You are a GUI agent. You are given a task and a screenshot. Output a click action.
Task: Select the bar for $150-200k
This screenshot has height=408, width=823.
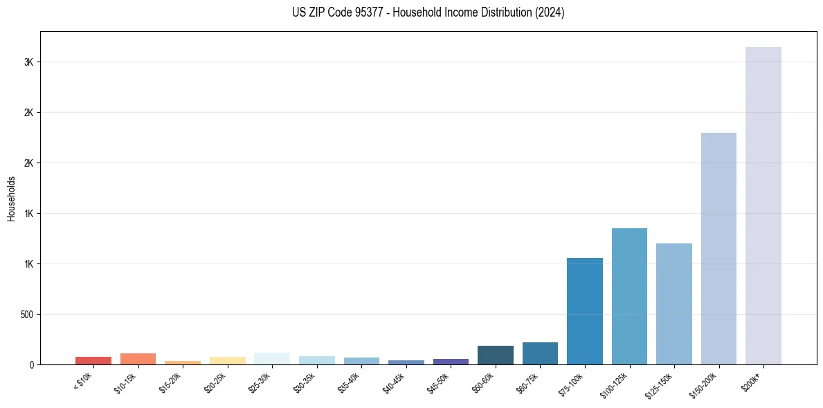point(718,248)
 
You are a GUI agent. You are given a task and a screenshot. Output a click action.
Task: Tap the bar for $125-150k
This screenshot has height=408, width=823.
point(673,304)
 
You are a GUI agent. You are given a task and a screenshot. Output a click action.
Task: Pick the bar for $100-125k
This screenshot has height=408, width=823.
point(629,296)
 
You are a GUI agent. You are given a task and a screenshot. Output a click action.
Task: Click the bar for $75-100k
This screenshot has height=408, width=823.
point(584,311)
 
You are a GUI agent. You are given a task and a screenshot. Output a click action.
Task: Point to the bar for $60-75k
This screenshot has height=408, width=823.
point(540,353)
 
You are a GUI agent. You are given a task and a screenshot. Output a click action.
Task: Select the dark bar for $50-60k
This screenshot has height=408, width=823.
point(495,355)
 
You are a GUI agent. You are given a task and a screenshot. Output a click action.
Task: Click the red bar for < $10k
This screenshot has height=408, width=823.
point(93,360)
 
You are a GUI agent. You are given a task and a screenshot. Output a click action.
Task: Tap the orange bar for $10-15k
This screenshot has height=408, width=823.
point(138,359)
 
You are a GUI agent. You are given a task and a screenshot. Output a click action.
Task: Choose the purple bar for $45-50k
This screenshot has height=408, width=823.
point(451,362)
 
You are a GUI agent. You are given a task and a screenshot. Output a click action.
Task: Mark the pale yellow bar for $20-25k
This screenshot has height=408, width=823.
point(227,360)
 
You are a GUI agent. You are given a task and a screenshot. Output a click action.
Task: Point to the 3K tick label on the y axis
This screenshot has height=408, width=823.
point(28,62)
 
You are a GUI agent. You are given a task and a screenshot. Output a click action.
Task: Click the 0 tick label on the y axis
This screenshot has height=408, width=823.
point(30,364)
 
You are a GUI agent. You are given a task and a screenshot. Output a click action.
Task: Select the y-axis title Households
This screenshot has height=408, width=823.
point(11,198)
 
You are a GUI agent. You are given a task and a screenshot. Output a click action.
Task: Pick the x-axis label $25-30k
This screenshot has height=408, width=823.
point(259,384)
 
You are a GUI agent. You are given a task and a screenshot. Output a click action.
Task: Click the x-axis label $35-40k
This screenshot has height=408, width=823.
point(348,384)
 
